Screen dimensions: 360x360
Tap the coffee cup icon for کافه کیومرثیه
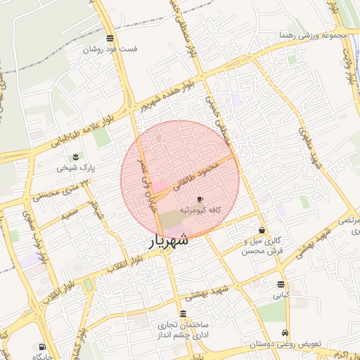coord(200,200)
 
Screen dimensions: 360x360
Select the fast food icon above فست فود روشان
coord(110,38)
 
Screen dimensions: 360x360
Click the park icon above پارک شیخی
coord(76,156)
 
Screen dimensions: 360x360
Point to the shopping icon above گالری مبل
coord(262,230)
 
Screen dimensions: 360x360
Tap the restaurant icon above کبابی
coord(281,285)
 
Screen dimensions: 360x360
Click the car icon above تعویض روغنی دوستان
coord(285,333)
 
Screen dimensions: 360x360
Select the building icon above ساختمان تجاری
coord(184,314)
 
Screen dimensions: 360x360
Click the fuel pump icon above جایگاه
coord(42,347)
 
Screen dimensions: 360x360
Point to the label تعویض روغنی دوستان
coord(284,345)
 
